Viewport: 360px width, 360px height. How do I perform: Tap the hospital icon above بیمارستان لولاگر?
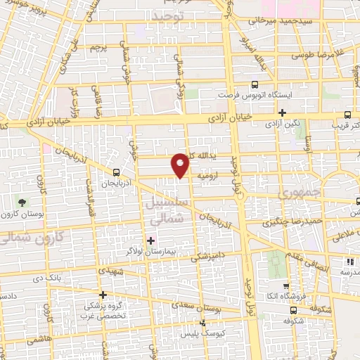(150, 240)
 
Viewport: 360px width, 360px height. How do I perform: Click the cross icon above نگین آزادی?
(283, 112)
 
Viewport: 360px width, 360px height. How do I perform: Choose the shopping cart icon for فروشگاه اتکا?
(285, 286)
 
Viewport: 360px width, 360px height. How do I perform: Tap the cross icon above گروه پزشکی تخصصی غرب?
(103, 295)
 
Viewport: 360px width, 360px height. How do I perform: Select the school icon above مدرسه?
(349, 262)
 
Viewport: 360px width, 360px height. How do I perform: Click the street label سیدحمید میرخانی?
(278, 21)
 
